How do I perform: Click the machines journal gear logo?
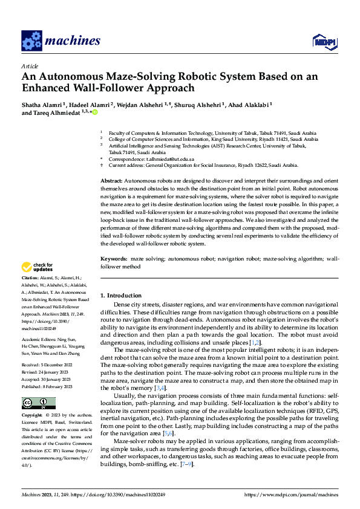click(x=31, y=41)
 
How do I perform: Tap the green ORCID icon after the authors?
click(x=94, y=112)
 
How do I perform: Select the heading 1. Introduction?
click(x=124, y=296)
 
